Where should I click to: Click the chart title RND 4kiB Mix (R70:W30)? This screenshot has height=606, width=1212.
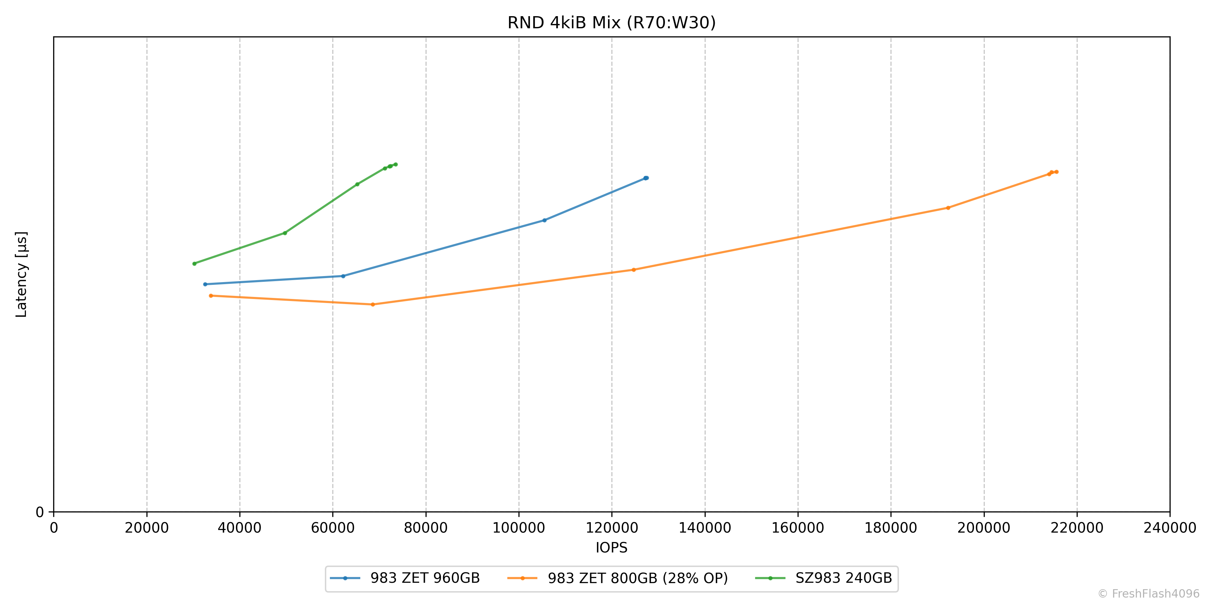point(611,23)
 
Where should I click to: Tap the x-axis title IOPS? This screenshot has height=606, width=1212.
point(611,548)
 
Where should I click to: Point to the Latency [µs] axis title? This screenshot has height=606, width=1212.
point(22,274)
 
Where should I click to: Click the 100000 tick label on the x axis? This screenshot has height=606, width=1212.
point(518,528)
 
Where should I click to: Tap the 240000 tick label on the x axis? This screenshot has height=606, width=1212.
point(1170,528)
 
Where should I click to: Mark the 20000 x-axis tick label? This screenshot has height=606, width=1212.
point(146,528)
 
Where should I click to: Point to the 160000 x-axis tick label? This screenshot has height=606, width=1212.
point(798,528)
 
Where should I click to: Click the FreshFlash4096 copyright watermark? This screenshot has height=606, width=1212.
point(1148,594)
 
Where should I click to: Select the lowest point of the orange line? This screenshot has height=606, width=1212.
point(373,304)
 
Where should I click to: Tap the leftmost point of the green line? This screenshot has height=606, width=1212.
point(194,264)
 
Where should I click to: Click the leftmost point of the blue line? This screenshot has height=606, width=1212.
point(205,284)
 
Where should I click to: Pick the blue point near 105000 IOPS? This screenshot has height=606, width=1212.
point(544,220)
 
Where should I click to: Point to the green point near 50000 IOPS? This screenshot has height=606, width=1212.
point(284,233)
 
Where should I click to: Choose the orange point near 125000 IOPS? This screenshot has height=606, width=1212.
point(633,270)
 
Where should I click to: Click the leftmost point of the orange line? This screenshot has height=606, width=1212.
point(211,296)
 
